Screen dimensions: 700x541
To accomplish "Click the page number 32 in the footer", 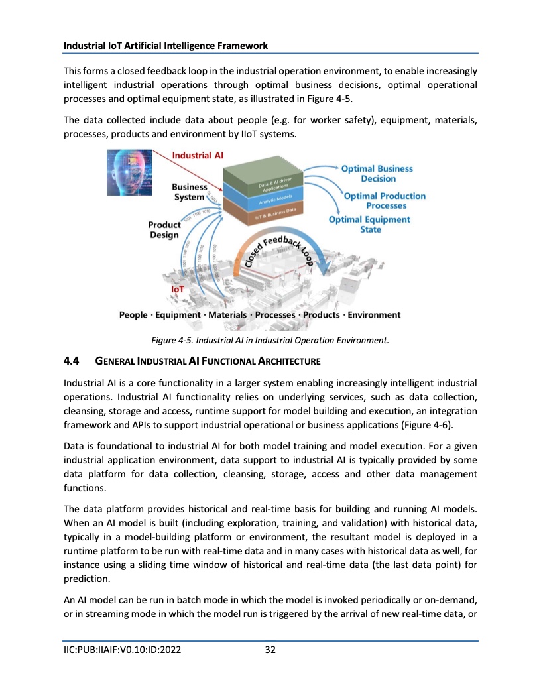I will tap(270, 650).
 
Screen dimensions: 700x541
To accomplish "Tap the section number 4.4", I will tap(71, 361).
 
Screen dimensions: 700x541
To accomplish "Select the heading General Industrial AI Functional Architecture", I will tap(208, 361).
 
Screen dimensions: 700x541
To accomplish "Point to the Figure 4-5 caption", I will tap(270, 340).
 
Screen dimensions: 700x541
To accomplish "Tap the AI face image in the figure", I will tap(130, 172).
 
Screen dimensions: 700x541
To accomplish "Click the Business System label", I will tap(189, 192).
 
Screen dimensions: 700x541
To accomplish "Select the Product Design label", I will tap(164, 229).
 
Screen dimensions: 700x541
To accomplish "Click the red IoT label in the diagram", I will tap(178, 289).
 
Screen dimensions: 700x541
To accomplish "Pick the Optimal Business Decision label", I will tap(377, 174).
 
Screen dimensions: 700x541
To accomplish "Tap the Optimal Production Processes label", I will tap(385, 200).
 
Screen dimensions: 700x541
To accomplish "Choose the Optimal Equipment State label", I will tap(370, 224).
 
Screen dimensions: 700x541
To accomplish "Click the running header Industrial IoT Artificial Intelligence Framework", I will tap(166, 46).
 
